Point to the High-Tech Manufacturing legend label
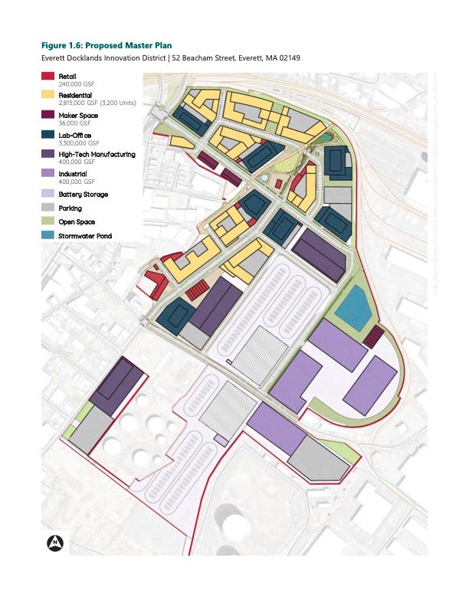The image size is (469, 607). click(97, 154)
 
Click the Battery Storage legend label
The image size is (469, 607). click(83, 195)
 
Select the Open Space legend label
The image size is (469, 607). click(77, 221)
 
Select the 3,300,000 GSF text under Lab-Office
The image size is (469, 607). click(79, 143)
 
